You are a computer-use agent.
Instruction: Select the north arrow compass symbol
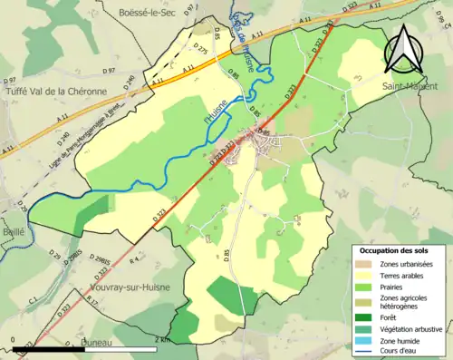coord(404,49)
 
